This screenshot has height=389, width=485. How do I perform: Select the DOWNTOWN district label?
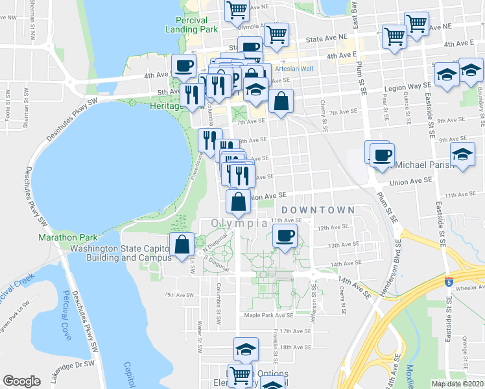[318, 210]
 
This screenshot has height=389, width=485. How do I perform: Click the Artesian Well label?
[294, 69]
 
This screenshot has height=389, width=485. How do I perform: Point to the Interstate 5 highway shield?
[449, 280]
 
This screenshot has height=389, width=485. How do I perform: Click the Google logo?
[21, 381]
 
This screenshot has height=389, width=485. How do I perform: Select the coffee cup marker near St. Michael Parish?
[383, 155]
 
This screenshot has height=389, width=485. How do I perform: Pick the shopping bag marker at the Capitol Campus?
[182, 244]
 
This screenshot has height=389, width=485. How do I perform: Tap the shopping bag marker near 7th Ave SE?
[280, 101]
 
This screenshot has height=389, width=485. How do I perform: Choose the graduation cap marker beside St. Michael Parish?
[462, 156]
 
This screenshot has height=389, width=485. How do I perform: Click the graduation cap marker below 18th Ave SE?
[244, 349]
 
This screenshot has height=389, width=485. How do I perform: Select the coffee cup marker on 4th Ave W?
[183, 65]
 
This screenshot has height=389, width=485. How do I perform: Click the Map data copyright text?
[458, 384]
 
